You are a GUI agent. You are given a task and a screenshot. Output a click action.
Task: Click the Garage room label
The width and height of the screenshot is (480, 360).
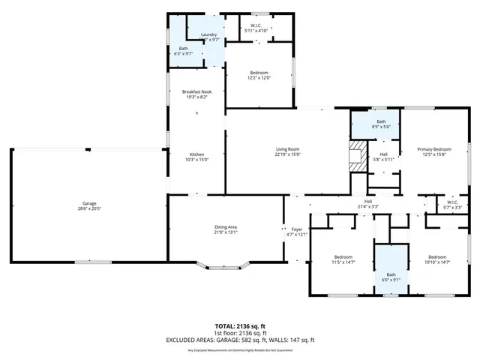89,203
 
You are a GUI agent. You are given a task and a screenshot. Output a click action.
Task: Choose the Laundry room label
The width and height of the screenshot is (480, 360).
208,34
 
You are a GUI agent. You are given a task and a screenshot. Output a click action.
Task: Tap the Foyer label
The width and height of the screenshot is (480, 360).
297,229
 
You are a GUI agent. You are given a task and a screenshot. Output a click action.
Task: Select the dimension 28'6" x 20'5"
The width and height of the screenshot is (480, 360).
89,209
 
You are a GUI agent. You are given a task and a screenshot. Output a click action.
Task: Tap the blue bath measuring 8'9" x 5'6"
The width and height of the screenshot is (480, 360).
381,124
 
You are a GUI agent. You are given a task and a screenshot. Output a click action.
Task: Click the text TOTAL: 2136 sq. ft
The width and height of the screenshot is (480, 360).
240,326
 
